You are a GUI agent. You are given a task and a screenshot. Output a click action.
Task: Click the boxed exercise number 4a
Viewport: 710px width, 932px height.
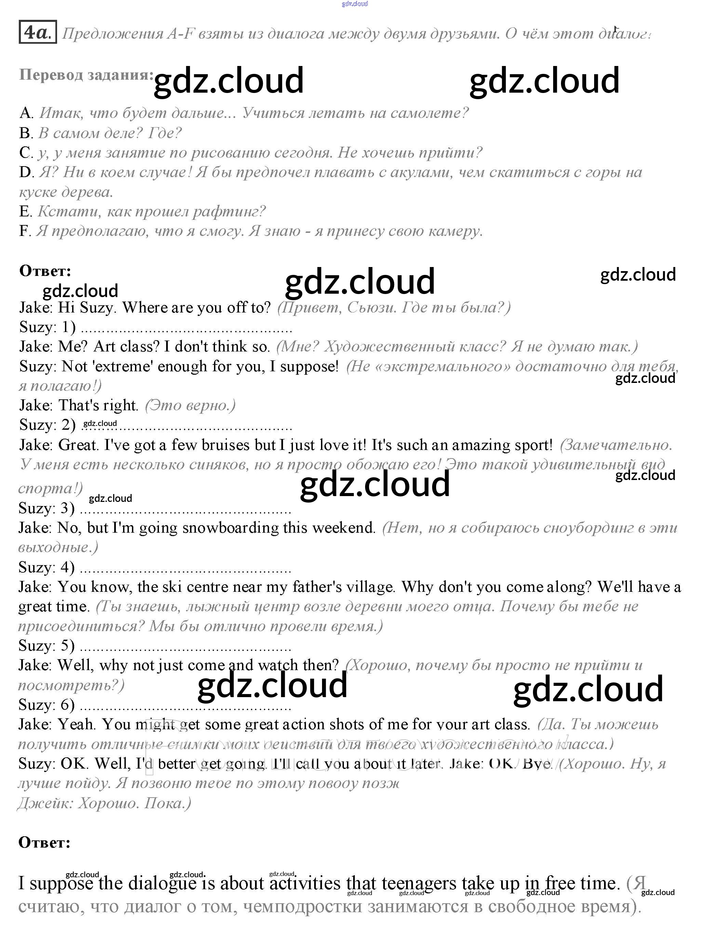point(38,32)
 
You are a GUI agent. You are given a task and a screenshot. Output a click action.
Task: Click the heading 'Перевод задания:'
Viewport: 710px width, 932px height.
point(86,75)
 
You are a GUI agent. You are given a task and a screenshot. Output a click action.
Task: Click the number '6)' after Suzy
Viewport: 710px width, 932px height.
point(68,705)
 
